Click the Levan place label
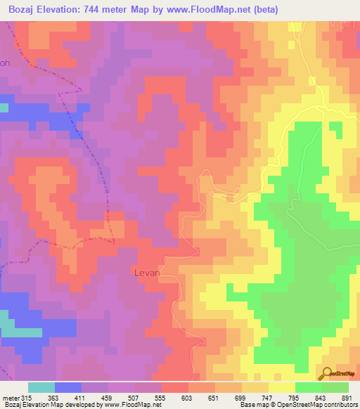point(146,271)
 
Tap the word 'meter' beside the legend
point(11,398)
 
